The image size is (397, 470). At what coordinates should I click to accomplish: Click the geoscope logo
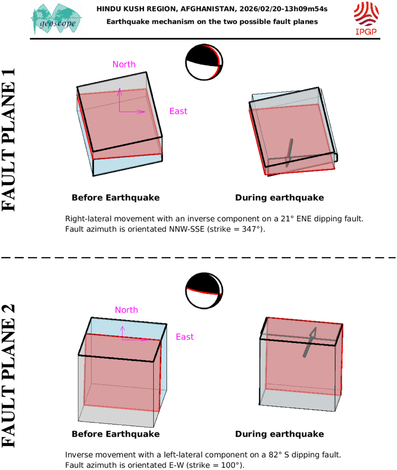pos(56,19)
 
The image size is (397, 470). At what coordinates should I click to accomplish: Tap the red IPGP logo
pos(366,18)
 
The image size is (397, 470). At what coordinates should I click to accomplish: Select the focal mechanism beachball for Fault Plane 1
pos(204,62)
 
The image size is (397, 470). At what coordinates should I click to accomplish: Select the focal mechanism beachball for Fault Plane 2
pos(204,291)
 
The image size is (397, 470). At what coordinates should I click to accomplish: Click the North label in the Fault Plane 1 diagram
pos(124,64)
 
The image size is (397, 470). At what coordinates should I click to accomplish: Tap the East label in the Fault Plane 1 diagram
pos(178,111)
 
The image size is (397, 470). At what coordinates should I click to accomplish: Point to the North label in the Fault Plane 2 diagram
pos(126,310)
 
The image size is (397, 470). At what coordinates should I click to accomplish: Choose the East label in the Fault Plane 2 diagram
pos(185,337)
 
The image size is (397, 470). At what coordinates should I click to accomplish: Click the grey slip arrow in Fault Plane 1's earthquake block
pos(289,153)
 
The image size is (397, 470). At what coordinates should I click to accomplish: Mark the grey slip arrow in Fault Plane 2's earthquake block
pos(310,342)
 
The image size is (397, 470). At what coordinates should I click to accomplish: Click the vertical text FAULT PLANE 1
pos(8,140)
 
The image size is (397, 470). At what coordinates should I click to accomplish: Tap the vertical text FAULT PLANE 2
pos(8,376)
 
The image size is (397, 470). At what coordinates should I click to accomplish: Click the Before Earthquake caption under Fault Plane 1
pos(116,198)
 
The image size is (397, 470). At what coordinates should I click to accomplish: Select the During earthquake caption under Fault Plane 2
pos(279,434)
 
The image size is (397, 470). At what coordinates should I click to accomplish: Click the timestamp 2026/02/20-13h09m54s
pos(284,9)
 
